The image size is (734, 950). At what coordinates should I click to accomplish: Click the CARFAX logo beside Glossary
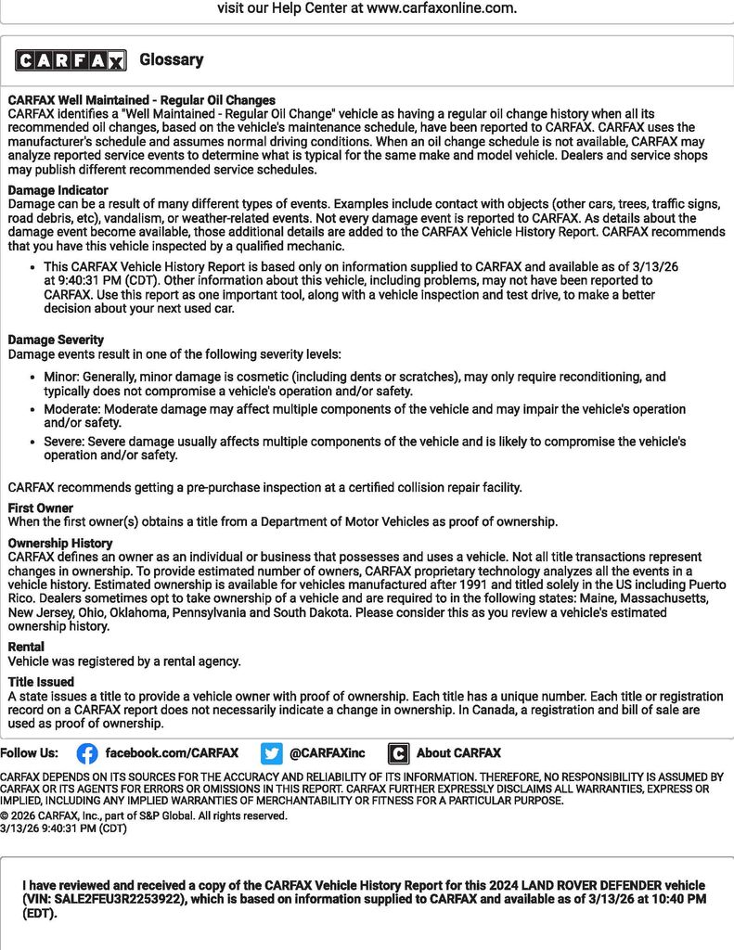coord(71,61)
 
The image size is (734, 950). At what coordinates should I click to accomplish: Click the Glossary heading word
coord(172,60)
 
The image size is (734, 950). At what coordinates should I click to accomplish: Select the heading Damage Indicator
coord(58,190)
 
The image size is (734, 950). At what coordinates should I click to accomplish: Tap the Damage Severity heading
coord(56,340)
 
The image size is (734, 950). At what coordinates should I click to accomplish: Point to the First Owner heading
coord(41,508)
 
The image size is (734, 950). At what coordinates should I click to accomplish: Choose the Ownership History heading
coord(60,544)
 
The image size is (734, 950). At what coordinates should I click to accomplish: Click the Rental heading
coord(26,647)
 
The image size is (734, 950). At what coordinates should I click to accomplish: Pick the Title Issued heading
coord(42,682)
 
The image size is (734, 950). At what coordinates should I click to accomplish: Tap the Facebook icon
coord(87,753)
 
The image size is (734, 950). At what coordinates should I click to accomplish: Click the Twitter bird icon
coord(271,753)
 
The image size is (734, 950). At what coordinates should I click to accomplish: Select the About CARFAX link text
coord(458,753)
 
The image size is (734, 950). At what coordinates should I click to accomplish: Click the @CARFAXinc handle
coord(328,753)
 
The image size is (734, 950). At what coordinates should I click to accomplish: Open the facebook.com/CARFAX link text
coord(172,753)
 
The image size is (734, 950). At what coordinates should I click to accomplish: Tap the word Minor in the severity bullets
coord(61,378)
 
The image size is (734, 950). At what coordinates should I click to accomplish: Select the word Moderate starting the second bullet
coord(71,409)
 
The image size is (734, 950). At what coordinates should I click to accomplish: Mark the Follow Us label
coord(29,753)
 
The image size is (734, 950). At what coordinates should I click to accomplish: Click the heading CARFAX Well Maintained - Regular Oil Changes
coord(142,100)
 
